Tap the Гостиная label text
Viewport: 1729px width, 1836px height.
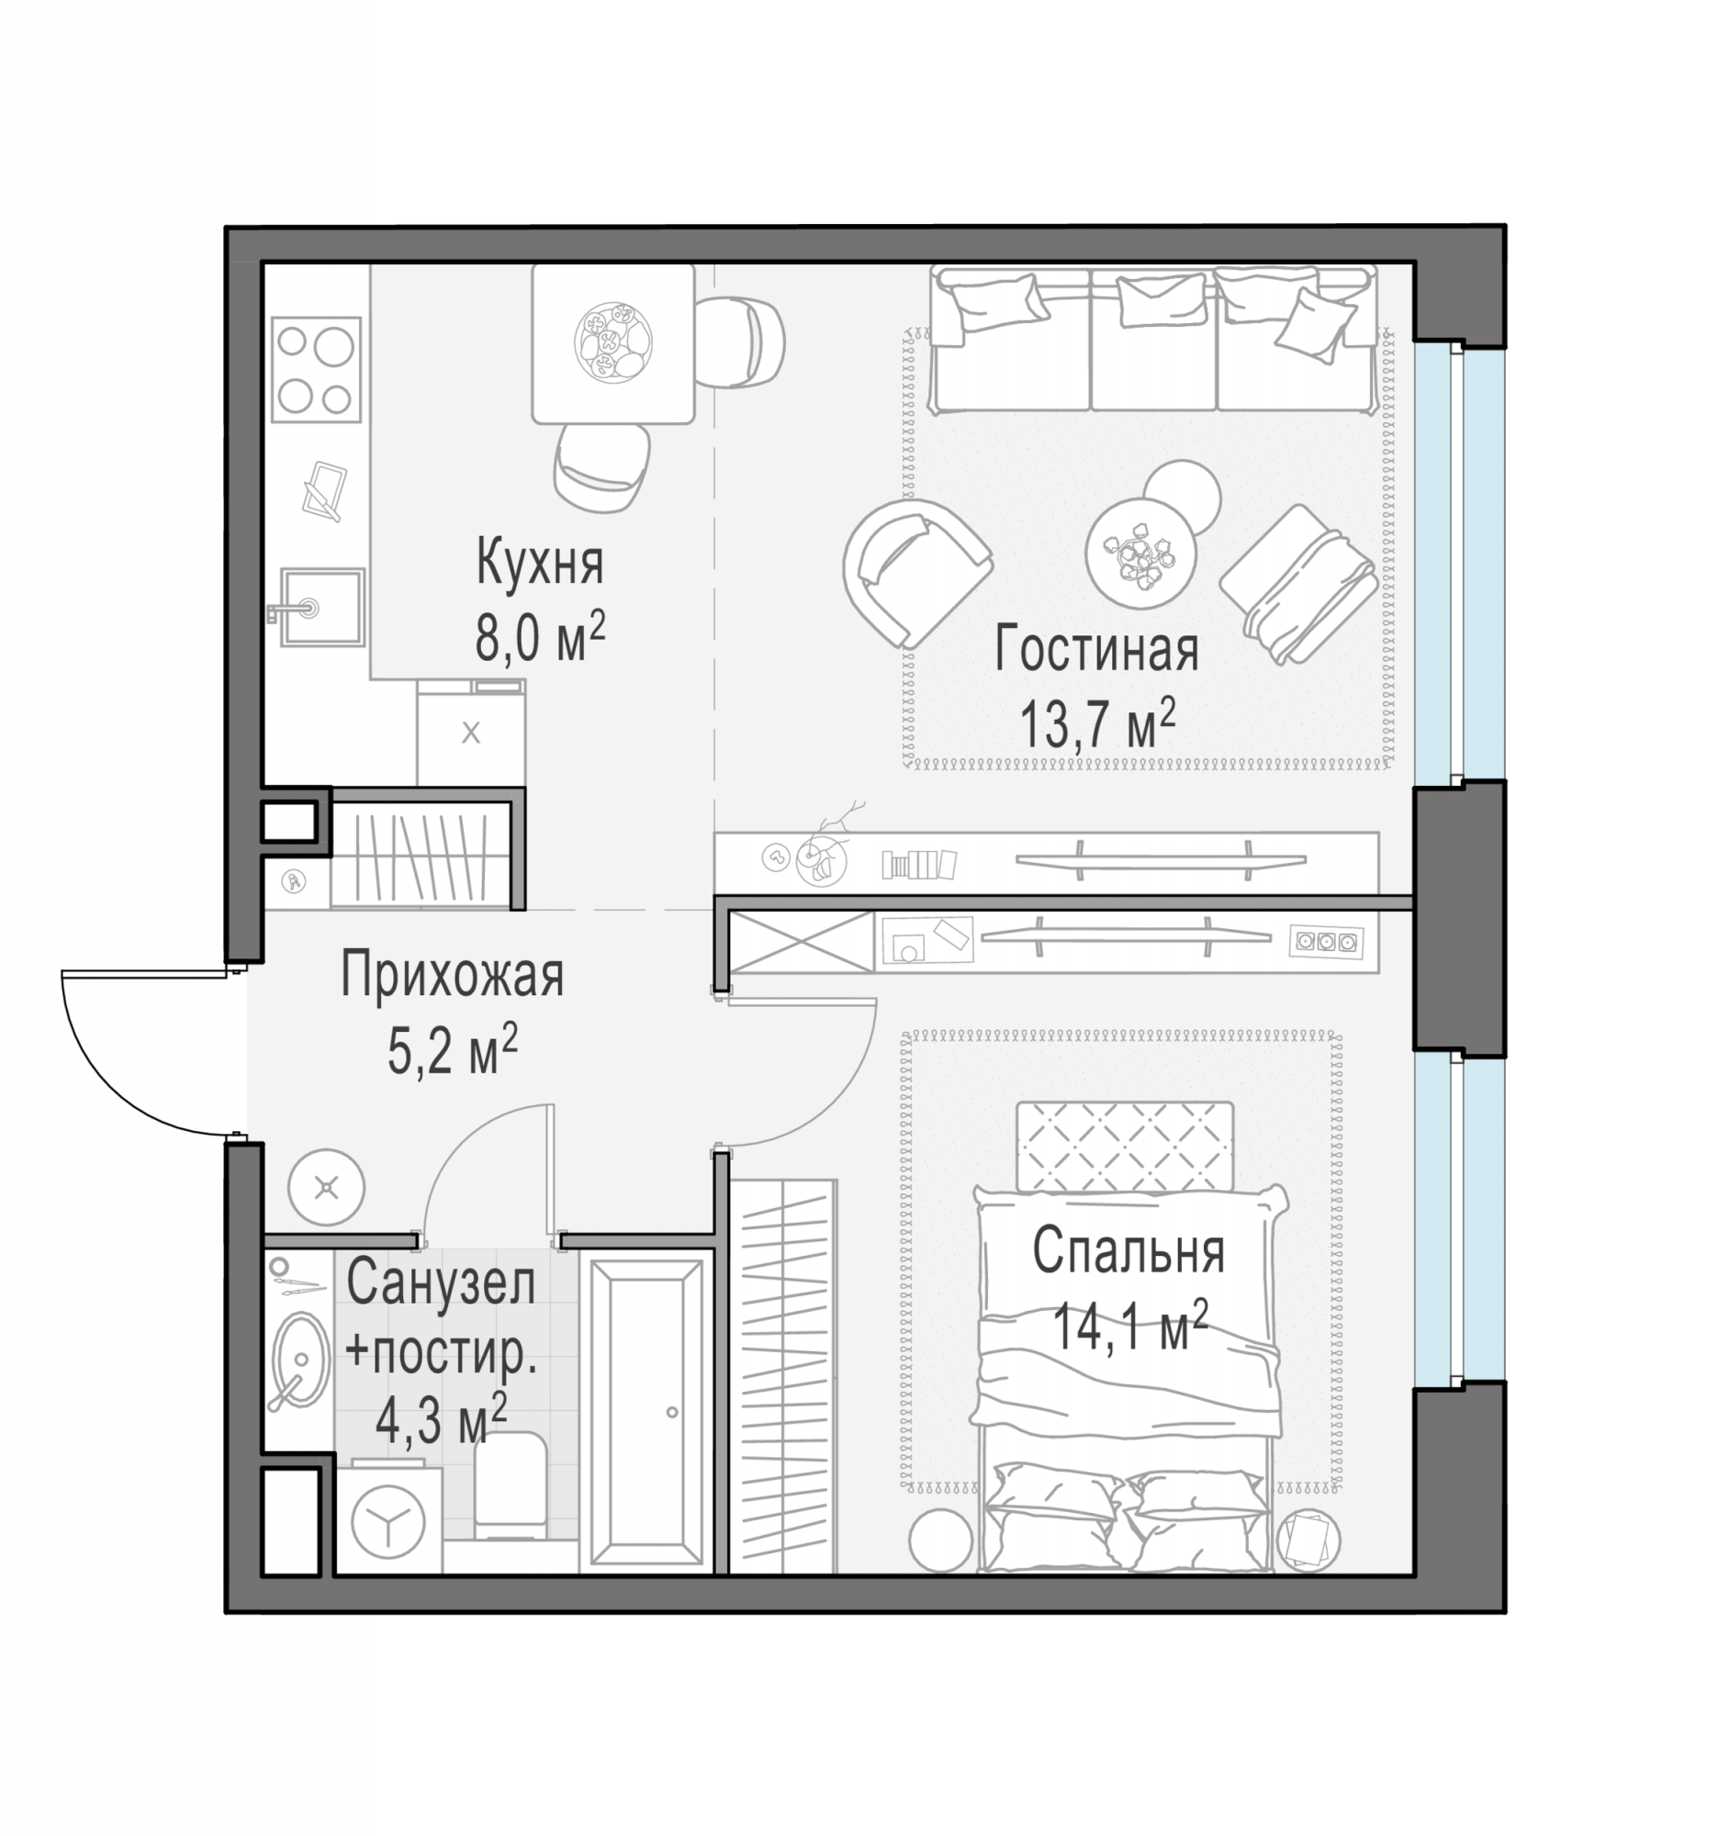[x=1096, y=648]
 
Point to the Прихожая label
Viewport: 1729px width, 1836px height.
[x=452, y=975]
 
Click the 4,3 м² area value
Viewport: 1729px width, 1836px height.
[x=441, y=1419]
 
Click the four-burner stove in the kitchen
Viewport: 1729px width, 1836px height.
[x=316, y=369]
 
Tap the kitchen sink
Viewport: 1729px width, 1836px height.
[x=320, y=607]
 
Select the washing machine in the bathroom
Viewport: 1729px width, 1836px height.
[x=388, y=1519]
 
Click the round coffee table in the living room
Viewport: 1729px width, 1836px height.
[x=1140, y=554]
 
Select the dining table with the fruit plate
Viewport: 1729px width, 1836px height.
[x=612, y=343]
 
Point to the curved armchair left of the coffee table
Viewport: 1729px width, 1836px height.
[x=915, y=573]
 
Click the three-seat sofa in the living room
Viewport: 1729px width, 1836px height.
[x=1151, y=338]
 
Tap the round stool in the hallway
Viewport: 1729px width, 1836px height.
[x=326, y=1188]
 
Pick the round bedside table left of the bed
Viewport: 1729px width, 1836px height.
[x=941, y=1540]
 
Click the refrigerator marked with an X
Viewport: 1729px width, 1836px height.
[x=471, y=733]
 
